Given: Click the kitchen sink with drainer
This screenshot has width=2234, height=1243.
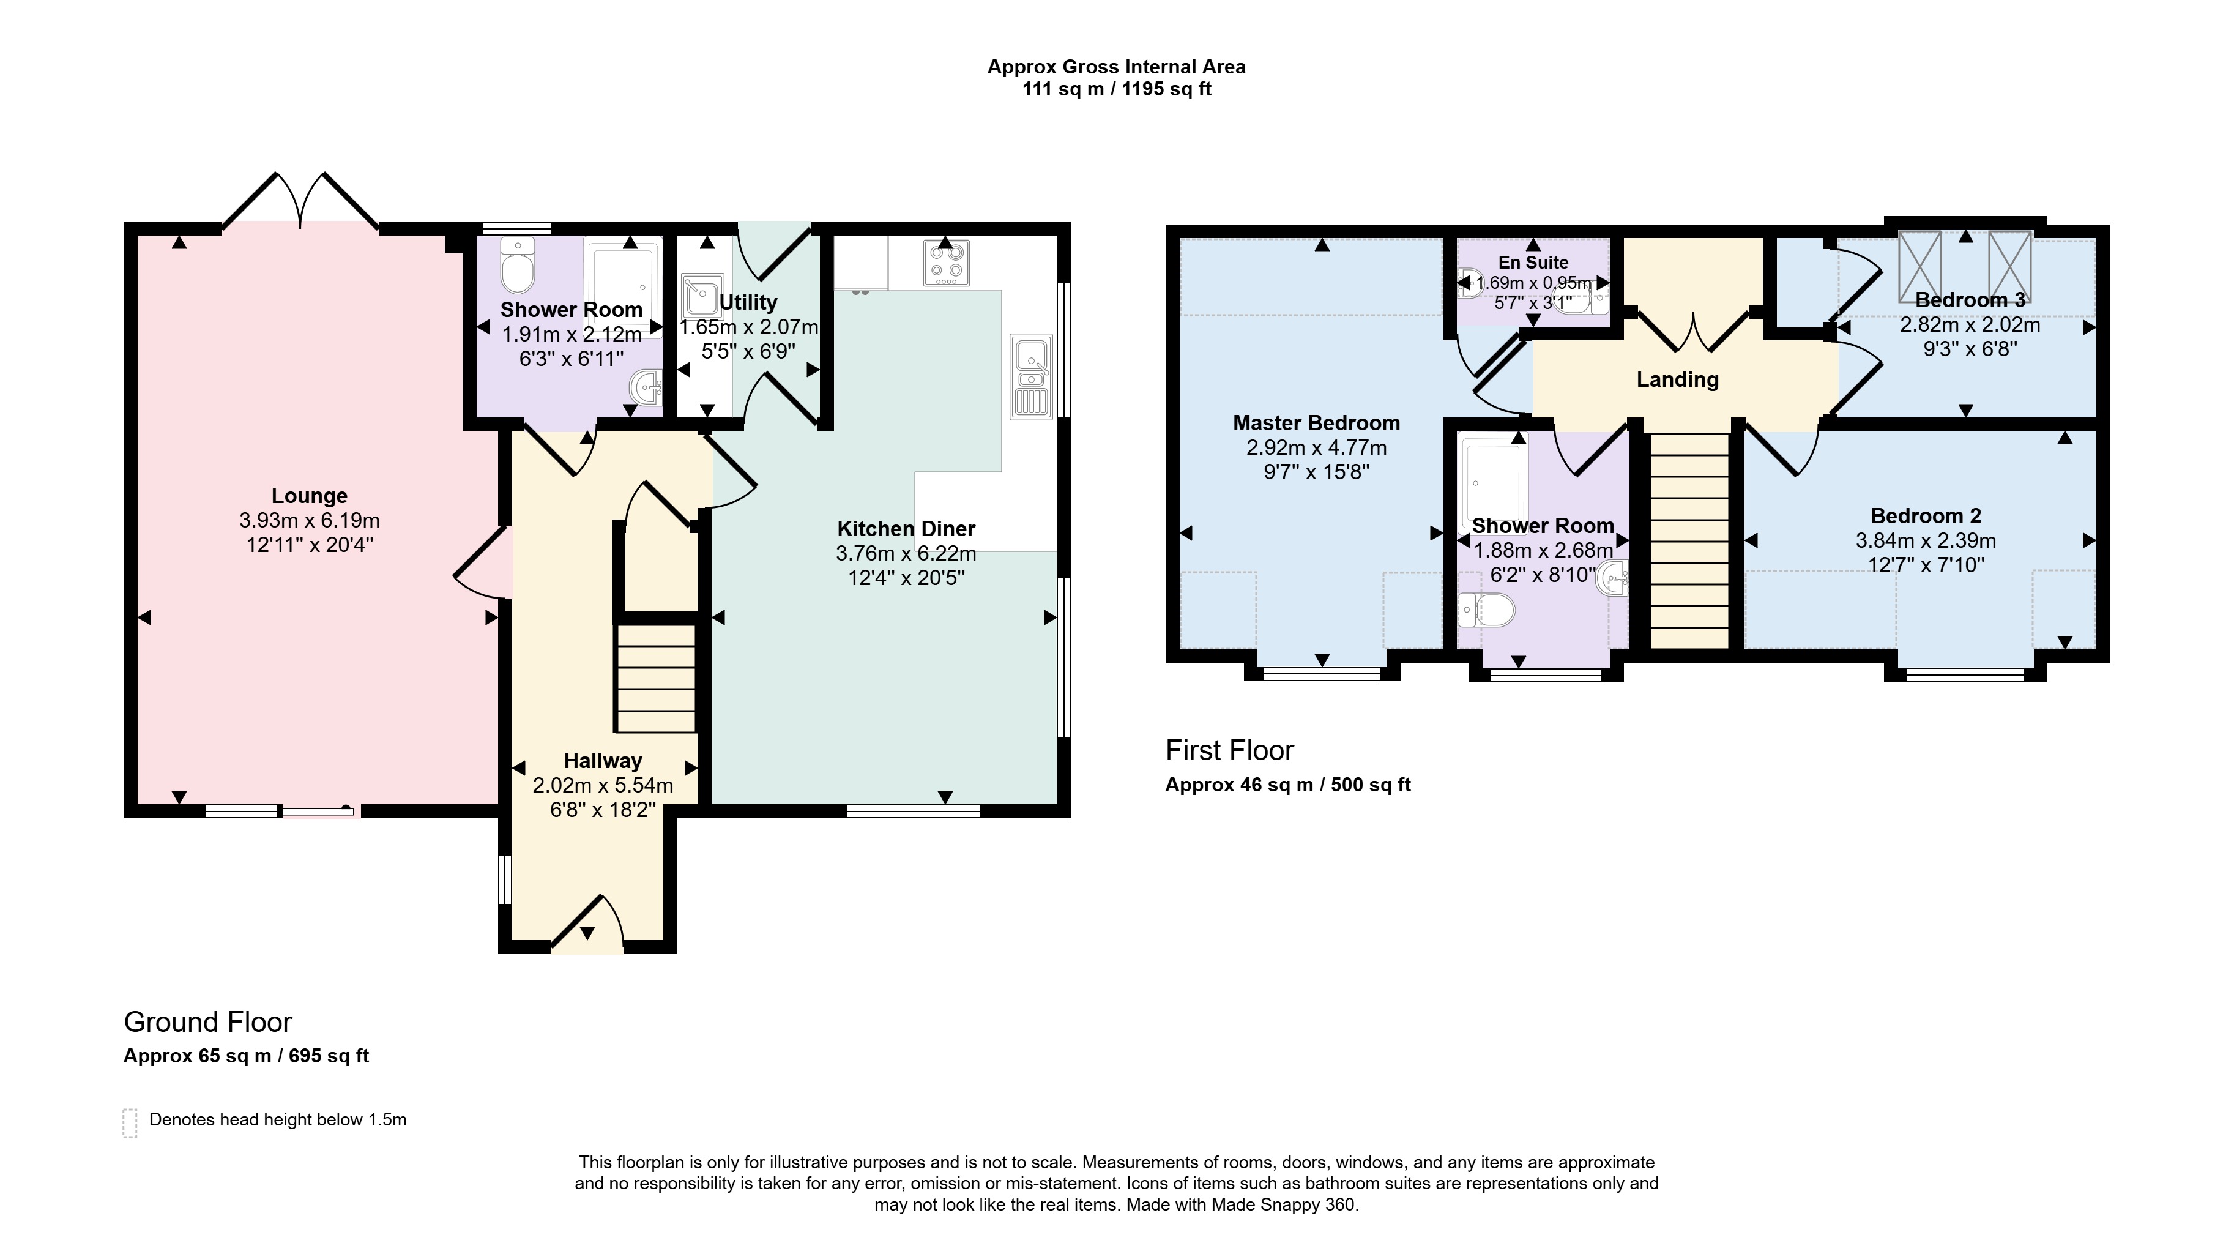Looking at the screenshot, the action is tap(1031, 378).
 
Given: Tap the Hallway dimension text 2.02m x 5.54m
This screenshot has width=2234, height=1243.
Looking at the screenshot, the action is tap(603, 785).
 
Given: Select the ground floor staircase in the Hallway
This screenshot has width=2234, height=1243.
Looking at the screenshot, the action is tap(655, 679).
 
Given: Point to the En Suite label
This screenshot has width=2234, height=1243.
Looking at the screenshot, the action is tap(1533, 262).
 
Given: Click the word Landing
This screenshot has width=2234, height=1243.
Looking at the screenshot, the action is tap(1677, 379).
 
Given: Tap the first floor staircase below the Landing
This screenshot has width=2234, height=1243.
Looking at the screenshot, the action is tap(1689, 540).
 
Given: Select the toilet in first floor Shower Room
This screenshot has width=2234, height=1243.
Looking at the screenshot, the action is tap(1486, 610).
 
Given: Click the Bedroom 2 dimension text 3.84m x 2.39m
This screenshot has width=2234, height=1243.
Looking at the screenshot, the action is tap(1925, 540).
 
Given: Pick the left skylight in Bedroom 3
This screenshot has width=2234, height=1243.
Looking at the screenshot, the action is tap(1919, 264).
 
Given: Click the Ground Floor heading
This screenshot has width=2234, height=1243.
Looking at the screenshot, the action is tap(208, 1022).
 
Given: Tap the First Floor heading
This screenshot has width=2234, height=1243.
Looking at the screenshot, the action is tap(1230, 750).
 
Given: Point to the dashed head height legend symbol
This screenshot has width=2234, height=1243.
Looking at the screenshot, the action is tap(130, 1122).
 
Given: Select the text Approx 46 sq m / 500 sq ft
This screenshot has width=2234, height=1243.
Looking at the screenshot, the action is tap(1288, 785).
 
